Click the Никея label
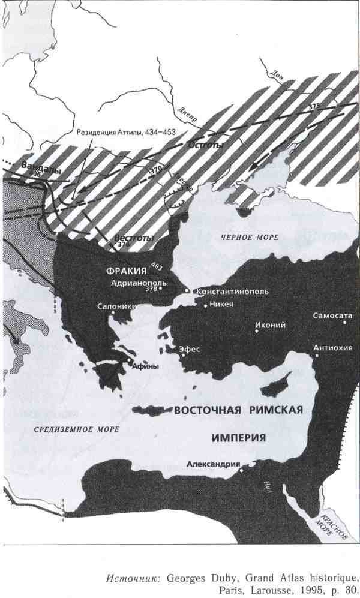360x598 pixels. (221, 305)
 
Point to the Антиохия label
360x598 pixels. (332, 348)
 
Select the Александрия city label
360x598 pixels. (214, 464)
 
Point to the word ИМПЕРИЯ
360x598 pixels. (238, 438)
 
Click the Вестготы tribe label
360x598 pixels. (130, 238)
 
